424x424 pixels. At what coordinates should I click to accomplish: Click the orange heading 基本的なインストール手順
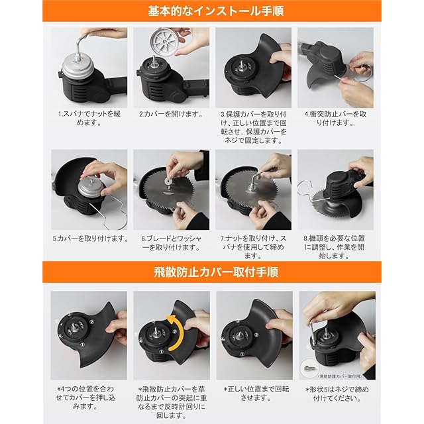coord(215,11)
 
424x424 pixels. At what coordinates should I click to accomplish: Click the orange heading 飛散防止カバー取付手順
coord(215,272)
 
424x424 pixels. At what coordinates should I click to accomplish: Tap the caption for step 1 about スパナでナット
coord(89,118)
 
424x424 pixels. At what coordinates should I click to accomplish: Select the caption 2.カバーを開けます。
coord(171,114)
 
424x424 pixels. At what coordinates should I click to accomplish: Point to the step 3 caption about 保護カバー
coord(253,127)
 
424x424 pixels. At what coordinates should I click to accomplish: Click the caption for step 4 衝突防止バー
coord(335,118)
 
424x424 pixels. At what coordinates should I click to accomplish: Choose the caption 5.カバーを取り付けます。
coord(90,238)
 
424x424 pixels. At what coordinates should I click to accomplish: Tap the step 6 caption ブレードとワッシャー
coord(171,243)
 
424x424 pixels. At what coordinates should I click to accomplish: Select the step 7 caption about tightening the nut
coord(253,247)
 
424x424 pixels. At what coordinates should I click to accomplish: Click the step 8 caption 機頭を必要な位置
coord(335,247)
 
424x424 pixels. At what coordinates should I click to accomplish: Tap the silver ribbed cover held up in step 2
coord(165,42)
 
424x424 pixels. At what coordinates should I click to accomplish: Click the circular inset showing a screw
coord(309,368)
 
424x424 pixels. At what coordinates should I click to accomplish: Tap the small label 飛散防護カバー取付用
coord(340,376)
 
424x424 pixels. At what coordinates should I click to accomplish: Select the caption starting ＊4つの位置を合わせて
coord(85,397)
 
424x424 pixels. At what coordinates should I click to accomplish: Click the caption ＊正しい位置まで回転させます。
coord(256,394)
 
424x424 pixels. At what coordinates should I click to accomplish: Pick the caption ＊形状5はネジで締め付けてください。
coord(337,394)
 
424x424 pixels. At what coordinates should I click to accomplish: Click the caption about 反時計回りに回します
coord(171,402)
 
